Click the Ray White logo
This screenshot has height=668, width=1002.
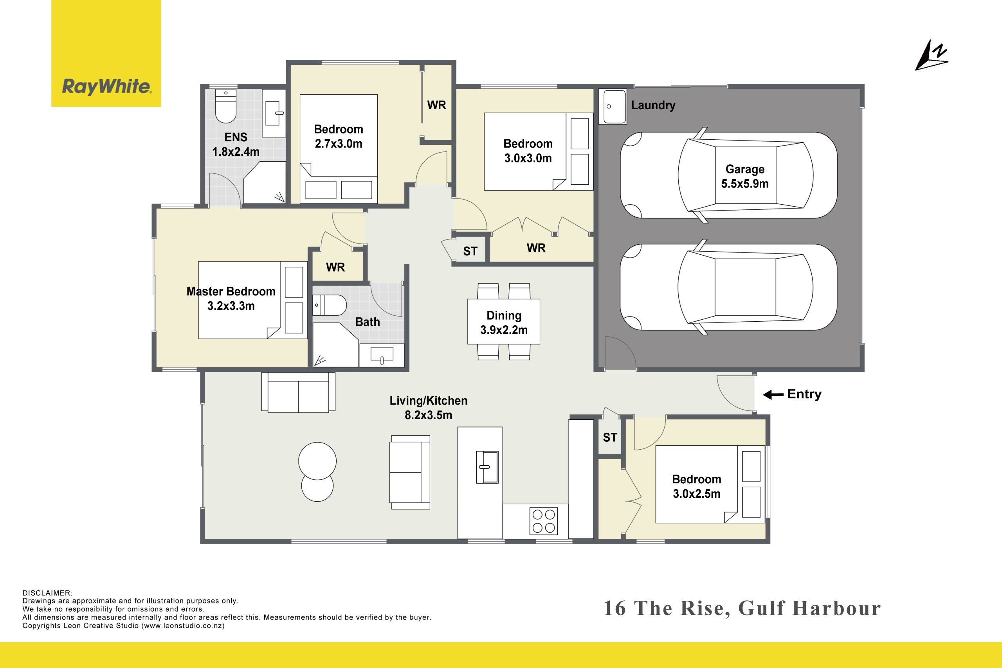pyautogui.click(x=106, y=86)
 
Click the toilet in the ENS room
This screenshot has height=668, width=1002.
pyautogui.click(x=225, y=106)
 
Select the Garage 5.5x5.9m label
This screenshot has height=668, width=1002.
pyautogui.click(x=745, y=176)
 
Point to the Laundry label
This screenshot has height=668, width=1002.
pyautogui.click(x=652, y=105)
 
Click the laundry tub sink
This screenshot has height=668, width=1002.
pyautogui.click(x=612, y=106)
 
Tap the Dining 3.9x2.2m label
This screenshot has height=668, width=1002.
pyautogui.click(x=504, y=322)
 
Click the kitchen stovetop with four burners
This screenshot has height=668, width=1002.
pyautogui.click(x=544, y=520)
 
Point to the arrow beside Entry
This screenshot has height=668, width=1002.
pyautogui.click(x=773, y=395)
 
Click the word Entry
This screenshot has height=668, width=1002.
pyautogui.click(x=804, y=394)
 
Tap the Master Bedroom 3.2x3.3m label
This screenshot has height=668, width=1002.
pyautogui.click(x=231, y=299)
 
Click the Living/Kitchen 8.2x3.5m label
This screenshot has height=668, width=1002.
pyautogui.click(x=428, y=408)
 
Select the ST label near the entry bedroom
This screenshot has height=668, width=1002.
pyautogui.click(x=610, y=438)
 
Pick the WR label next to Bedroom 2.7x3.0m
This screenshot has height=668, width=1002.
pyautogui.click(x=436, y=105)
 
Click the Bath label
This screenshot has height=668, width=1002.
pyautogui.click(x=367, y=322)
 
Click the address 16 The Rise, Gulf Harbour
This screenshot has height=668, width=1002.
pyautogui.click(x=742, y=609)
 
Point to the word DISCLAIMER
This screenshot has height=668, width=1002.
pyautogui.click(x=47, y=593)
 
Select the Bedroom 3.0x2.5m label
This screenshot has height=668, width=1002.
pyautogui.click(x=696, y=486)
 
